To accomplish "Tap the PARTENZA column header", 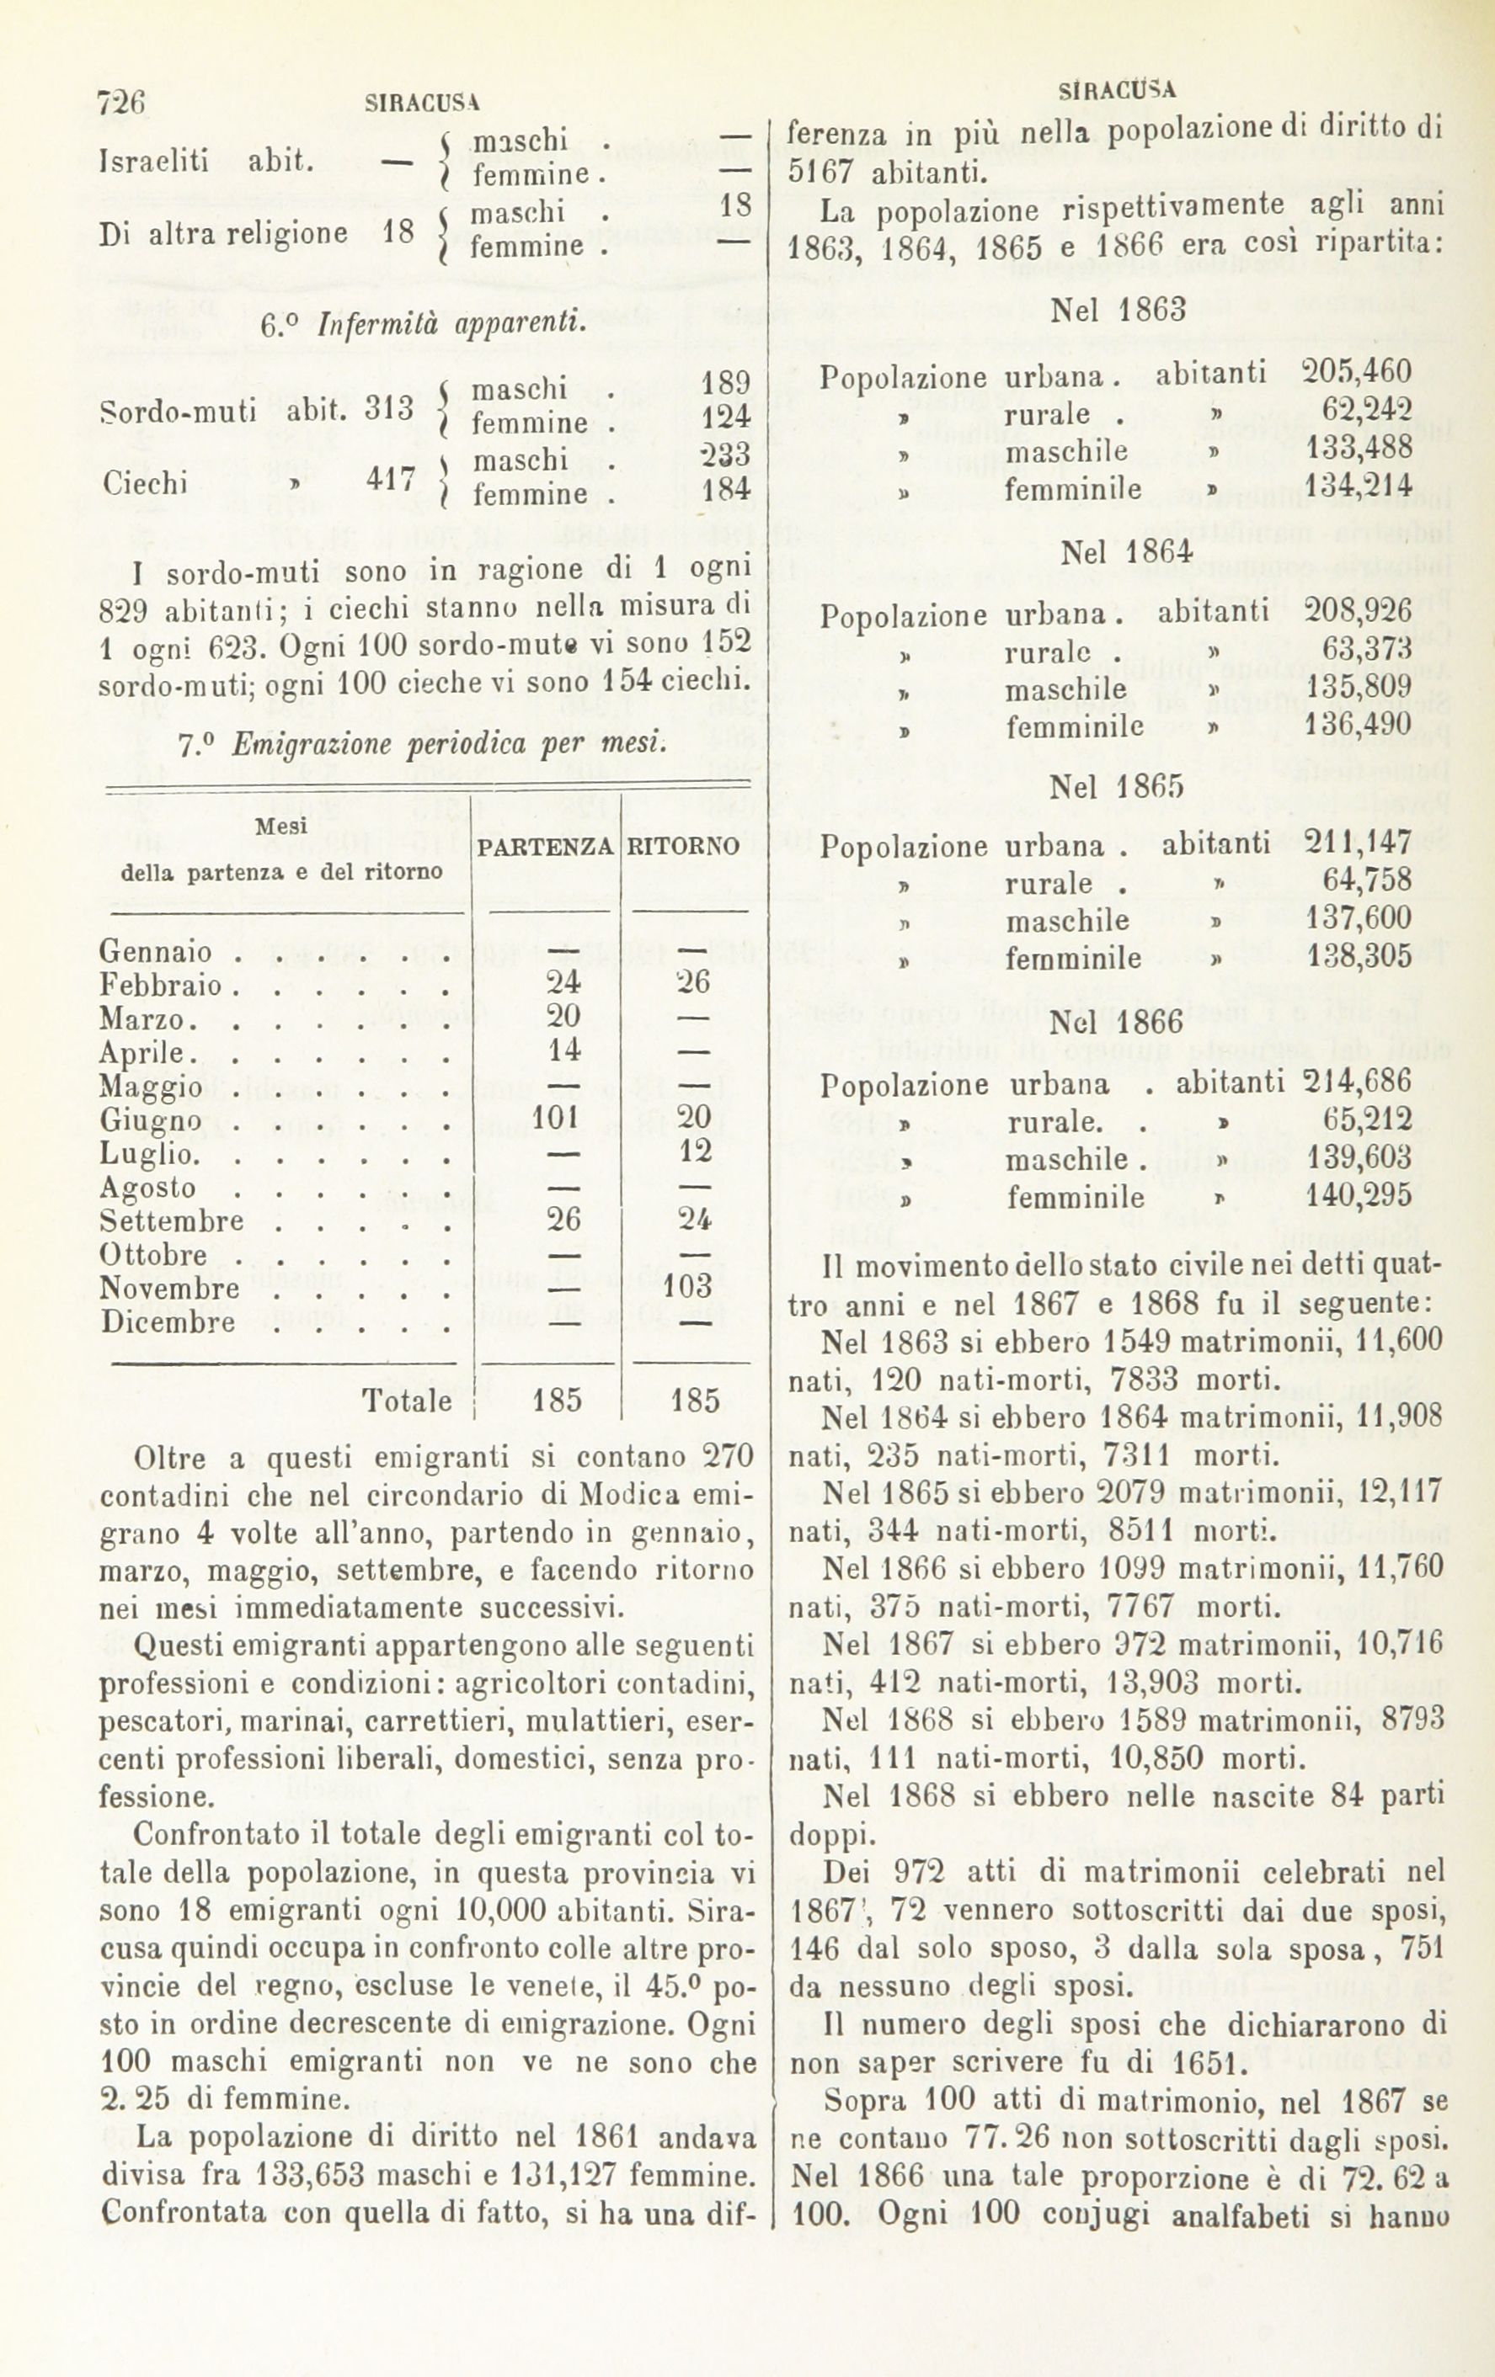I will click(546, 847).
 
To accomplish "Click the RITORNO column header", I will click(684, 847).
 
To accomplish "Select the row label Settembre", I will click(172, 1221).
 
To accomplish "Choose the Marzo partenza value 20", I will click(563, 1016).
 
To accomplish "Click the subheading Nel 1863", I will click(1118, 310).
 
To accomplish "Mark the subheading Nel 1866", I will click(1116, 1022).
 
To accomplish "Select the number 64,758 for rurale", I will click(1367, 880).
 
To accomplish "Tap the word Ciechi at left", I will click(143, 481).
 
